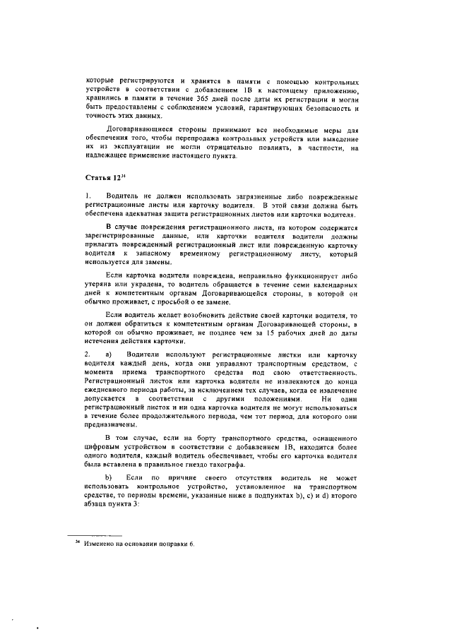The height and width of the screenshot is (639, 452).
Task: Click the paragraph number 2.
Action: coord(88,353)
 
